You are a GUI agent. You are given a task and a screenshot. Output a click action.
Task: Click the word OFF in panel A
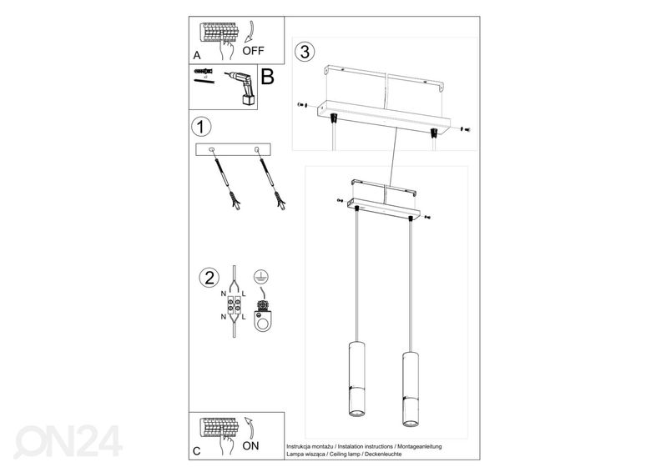253,51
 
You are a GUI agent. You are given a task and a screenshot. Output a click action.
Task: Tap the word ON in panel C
251,446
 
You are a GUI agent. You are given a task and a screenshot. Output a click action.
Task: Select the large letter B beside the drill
268,77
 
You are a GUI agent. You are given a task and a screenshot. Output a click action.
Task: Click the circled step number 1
201,127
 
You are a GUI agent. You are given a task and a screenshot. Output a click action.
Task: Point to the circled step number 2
209,278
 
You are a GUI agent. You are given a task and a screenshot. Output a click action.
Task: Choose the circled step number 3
305,52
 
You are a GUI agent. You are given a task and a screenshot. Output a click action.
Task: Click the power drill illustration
241,88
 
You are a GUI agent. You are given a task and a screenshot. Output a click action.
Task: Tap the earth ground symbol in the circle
261,277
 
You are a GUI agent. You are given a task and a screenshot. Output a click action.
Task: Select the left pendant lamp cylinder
356,379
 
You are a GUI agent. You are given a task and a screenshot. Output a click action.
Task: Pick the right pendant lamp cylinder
410,388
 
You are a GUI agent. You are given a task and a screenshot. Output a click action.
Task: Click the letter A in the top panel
197,56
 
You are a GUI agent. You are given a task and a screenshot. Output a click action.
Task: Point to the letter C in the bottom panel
197,451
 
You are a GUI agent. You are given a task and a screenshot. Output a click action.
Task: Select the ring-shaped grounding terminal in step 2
262,321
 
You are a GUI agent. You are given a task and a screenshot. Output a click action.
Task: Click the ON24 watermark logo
68,441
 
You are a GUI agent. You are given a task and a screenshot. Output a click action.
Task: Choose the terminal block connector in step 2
235,305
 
